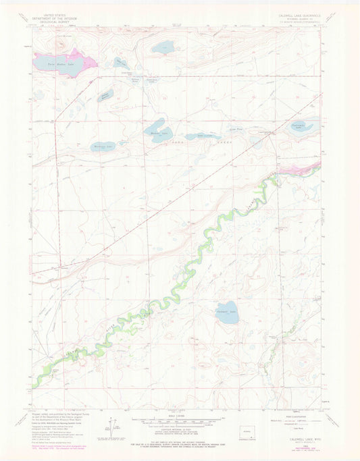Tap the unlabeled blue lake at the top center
tap(163, 47)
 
